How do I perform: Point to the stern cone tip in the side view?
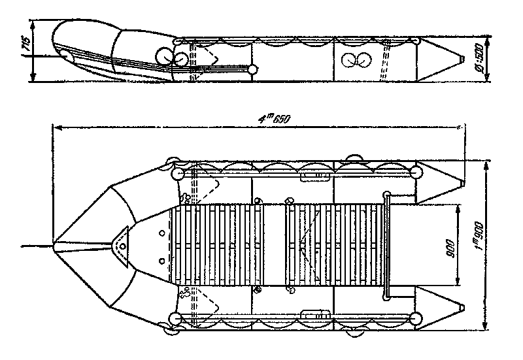462,61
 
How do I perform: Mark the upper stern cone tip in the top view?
464,183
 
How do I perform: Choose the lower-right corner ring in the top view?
414,319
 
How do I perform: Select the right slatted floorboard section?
333,246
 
